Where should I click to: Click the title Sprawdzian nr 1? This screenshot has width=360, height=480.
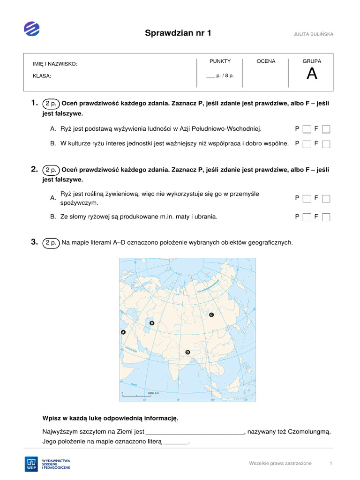pos(178,32)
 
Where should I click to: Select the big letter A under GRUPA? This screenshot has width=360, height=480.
pos(312,74)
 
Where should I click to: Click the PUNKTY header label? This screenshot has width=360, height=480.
pos(220,61)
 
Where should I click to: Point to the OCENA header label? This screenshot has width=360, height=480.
pos(266,61)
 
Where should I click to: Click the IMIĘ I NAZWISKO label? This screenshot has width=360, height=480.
pos(55,64)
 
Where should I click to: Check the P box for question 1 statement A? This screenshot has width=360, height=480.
pos(307,129)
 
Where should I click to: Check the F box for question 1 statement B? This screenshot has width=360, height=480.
pos(326,144)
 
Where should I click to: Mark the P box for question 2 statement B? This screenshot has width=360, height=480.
pos(307,217)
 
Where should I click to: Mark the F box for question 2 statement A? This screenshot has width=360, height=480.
pos(326,198)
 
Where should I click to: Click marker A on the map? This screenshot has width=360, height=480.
pos(123,332)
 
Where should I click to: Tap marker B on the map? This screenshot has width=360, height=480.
pos(151,323)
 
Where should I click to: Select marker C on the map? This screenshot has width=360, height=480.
pos(211,315)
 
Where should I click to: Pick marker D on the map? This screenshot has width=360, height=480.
pos(187,352)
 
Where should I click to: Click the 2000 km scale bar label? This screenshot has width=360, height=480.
pos(154,393)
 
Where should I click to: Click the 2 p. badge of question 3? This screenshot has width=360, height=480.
pos(51,243)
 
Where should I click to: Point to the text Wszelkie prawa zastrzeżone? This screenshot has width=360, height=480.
pos(280,463)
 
